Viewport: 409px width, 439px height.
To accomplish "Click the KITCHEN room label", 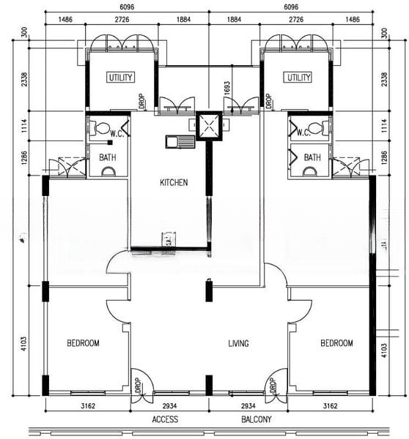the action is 174,183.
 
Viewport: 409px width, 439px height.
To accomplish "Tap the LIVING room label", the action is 238,343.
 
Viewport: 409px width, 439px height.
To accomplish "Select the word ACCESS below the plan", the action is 165,419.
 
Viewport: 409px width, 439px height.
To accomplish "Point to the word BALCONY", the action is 257,419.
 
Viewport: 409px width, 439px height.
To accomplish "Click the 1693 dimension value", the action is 227,88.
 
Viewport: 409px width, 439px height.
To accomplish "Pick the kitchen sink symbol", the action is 180,141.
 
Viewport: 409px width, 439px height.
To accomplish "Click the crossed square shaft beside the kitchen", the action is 209,126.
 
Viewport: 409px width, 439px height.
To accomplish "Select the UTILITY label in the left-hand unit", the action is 120,78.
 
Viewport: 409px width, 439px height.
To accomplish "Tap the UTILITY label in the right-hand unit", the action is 298,78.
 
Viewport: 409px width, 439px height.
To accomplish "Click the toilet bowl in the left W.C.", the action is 102,128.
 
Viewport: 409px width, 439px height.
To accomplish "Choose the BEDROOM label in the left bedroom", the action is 83,343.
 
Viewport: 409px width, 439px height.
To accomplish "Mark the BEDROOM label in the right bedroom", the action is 336,343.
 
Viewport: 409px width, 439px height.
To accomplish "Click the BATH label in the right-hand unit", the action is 312,157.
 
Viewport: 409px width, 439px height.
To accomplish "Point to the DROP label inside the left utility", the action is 142,101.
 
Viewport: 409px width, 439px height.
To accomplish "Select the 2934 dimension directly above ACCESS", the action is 170,405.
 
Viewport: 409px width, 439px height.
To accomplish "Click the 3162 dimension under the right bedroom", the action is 330,405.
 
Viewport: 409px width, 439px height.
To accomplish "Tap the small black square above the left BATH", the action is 110,143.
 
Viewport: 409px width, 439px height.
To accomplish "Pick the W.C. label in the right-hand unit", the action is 303,132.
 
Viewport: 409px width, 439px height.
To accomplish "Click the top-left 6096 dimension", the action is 127,7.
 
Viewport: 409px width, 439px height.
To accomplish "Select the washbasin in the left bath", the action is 108,172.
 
